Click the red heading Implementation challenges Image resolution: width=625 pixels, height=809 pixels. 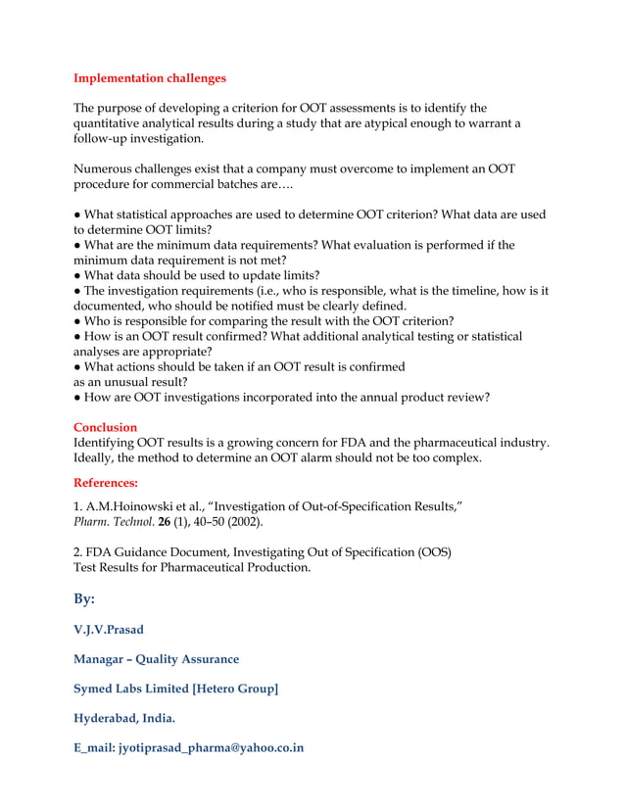150,77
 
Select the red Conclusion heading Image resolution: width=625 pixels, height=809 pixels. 106,427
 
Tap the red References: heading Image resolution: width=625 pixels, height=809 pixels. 106,483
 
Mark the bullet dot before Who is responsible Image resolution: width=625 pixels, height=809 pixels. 77,321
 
